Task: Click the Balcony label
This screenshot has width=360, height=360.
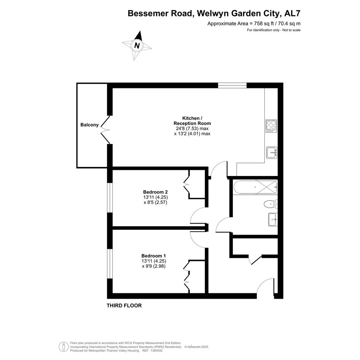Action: click(89, 125)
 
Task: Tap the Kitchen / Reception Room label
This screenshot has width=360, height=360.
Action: click(192, 121)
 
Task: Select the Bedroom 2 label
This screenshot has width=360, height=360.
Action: click(155, 192)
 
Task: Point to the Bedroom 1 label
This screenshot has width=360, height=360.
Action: click(154, 256)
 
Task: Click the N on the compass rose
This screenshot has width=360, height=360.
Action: click(137, 45)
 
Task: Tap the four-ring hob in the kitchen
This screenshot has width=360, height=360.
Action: click(271, 126)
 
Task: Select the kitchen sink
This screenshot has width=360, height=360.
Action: click(272, 152)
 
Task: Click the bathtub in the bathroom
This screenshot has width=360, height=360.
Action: click(255, 187)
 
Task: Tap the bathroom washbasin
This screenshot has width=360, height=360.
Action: click(273, 219)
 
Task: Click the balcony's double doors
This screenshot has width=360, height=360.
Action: click(106, 130)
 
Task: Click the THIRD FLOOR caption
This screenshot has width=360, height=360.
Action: click(124, 306)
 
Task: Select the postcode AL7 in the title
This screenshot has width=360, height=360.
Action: click(292, 13)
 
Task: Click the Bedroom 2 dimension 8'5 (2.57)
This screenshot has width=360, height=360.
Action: click(155, 203)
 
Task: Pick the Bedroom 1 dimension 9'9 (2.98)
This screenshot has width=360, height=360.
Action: click(154, 266)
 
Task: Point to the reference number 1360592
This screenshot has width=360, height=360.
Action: click(156, 350)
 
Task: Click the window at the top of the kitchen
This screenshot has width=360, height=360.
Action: click(232, 85)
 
